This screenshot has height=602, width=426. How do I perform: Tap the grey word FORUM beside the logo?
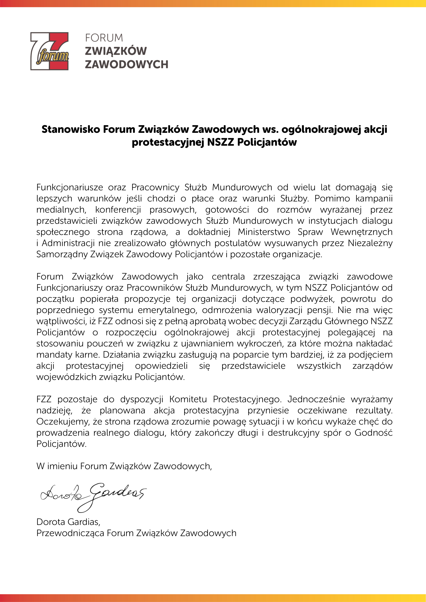pos(104,38)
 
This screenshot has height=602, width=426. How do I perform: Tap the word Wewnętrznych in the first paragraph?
pos(361,232)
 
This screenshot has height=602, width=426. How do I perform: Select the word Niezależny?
pos(370,243)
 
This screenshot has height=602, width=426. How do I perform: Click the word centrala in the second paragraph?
pos(228,277)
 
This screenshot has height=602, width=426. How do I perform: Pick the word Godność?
pos(373,433)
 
